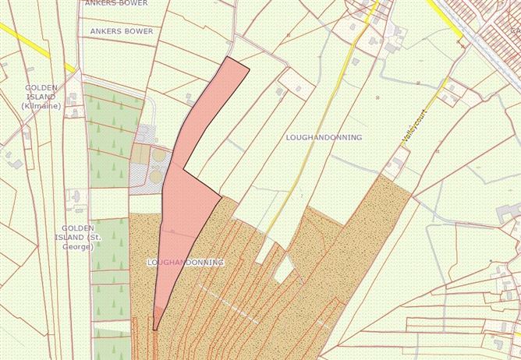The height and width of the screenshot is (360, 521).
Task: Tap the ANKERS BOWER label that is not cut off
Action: [122, 31]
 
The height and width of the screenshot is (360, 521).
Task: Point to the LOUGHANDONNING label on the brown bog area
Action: [185, 263]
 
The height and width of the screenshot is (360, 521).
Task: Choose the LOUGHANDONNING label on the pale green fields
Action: [324, 137]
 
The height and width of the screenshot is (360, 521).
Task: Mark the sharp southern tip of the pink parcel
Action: [154, 328]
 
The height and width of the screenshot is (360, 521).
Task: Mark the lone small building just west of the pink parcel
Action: [190, 99]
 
